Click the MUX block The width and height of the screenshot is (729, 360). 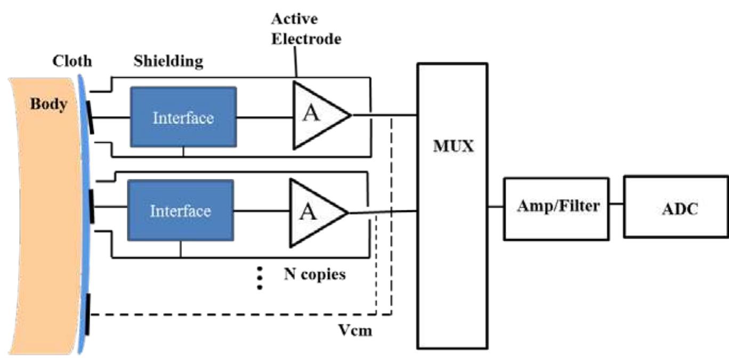452,206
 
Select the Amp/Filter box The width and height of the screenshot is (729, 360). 556,208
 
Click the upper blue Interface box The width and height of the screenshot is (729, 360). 183,117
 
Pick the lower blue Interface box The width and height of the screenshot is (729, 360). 180,210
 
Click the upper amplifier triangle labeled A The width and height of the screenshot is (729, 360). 318,114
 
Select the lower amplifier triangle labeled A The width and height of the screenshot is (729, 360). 314,211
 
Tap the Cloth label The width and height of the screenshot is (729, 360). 72,61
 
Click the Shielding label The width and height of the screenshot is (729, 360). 168,61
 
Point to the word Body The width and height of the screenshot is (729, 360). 48,104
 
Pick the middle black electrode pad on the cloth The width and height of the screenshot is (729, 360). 91,208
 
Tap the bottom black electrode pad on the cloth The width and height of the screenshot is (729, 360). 87,314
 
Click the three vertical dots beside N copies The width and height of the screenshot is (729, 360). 260,278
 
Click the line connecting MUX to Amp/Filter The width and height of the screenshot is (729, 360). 495,206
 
